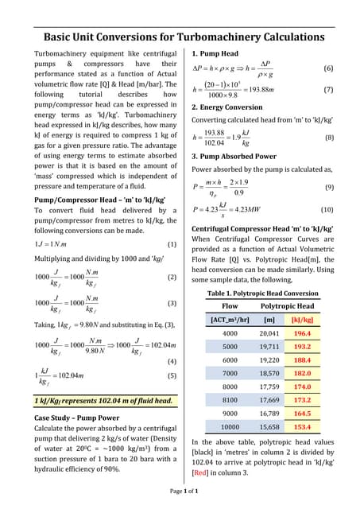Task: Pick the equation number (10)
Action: tap(327, 209)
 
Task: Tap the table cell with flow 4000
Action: tap(230, 333)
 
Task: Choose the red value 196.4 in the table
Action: tap(302, 333)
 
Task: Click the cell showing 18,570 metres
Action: tap(269, 372)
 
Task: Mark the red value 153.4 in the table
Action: tap(302, 427)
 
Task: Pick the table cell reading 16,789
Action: tap(269, 414)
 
